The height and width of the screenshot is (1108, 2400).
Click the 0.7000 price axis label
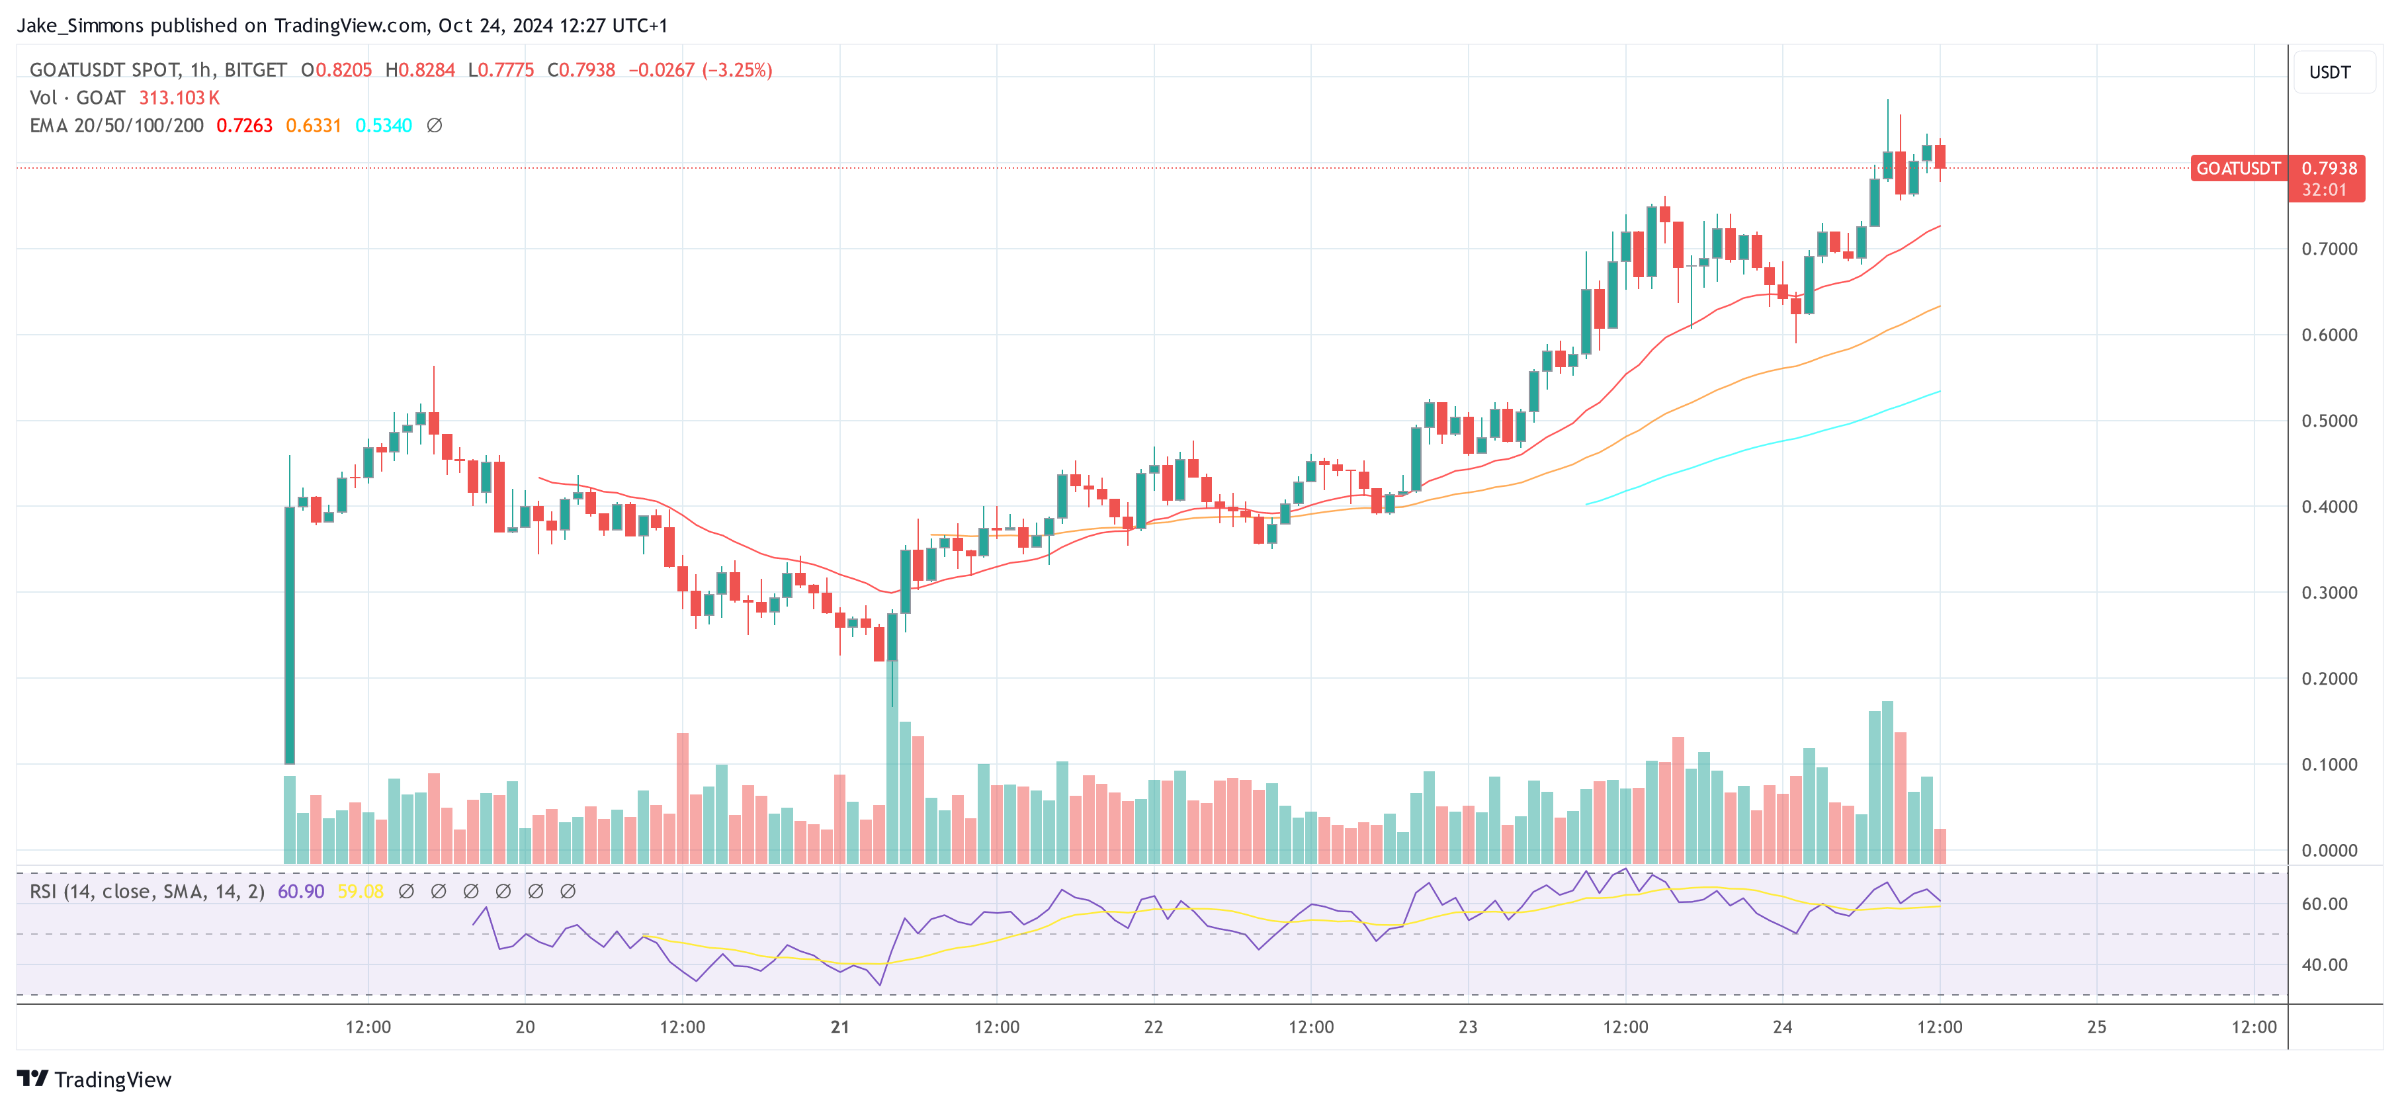pyautogui.click(x=2329, y=249)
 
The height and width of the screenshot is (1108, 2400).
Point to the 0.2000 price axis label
pyautogui.click(x=2329, y=679)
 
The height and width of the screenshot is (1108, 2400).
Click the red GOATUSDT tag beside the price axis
pyautogui.click(x=2238, y=169)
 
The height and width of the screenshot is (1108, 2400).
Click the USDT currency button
pyautogui.click(x=2329, y=73)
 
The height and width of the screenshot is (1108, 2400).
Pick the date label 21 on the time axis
pyautogui.click(x=839, y=1027)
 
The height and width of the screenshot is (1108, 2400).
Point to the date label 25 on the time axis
pyautogui.click(x=2096, y=1027)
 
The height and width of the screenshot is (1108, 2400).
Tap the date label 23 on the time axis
pyautogui.click(x=1467, y=1027)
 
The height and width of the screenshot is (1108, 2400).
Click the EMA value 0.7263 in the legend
pyautogui.click(x=244, y=126)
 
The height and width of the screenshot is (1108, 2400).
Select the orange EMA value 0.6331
pyautogui.click(x=313, y=126)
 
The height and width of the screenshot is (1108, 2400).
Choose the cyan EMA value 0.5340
pyautogui.click(x=383, y=126)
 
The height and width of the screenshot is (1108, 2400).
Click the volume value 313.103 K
pyautogui.click(x=179, y=98)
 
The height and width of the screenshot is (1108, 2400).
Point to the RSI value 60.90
pyautogui.click(x=301, y=892)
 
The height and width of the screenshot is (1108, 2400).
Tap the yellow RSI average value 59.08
pyautogui.click(x=361, y=892)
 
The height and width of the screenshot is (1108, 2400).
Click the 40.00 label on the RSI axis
pyautogui.click(x=2325, y=965)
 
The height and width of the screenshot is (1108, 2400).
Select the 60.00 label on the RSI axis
pyautogui.click(x=2325, y=904)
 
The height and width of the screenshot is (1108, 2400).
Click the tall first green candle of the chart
pyautogui.click(x=290, y=634)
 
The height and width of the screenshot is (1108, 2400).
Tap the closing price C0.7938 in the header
pyautogui.click(x=581, y=71)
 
